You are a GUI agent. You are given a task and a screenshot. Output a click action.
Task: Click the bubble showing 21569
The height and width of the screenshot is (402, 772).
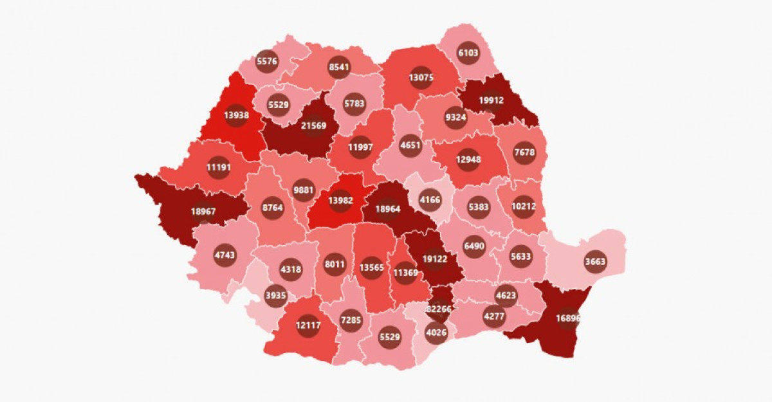pyautogui.click(x=314, y=125)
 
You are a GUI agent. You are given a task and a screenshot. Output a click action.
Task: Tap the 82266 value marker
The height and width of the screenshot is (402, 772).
pyautogui.click(x=438, y=309)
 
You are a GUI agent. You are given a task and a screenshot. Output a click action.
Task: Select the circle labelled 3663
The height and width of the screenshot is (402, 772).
pyautogui.click(x=594, y=261)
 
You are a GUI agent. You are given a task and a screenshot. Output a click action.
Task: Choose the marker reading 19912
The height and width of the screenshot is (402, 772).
pyautogui.click(x=491, y=100)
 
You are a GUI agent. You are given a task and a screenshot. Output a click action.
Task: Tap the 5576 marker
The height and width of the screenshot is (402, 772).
pyautogui.click(x=267, y=61)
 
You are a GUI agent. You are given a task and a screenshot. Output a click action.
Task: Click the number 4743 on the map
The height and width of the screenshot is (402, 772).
pyautogui.click(x=225, y=255)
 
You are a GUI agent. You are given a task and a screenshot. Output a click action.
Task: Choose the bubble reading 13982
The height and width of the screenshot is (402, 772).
pyautogui.click(x=340, y=201)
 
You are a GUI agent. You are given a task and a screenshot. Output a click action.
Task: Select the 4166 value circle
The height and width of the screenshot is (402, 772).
pyautogui.click(x=429, y=200)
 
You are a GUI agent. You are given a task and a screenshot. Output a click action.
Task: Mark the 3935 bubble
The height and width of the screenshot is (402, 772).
pyautogui.click(x=276, y=295)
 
